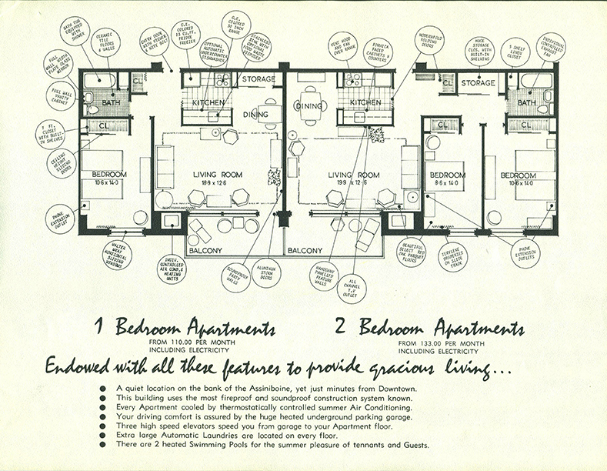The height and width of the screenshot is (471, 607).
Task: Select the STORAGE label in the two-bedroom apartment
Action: tap(477, 82)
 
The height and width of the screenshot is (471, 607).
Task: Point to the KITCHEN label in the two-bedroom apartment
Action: tap(365, 102)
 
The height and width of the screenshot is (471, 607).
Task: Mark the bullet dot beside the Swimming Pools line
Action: tap(104, 444)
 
